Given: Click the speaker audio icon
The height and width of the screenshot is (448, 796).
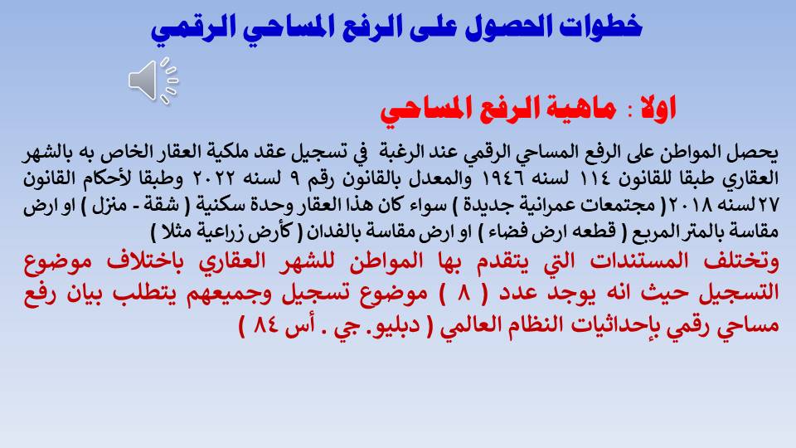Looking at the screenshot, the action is point(153,80).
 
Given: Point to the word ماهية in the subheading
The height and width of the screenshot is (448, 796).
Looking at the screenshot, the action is point(575,108).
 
